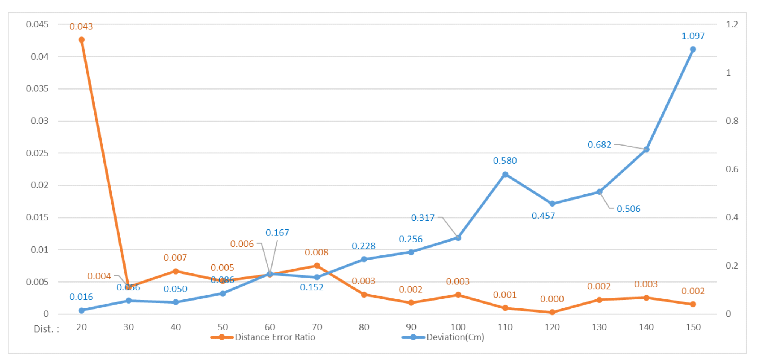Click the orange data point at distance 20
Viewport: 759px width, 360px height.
(82, 40)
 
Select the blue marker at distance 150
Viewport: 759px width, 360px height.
(693, 49)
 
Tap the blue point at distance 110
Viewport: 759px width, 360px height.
(505, 175)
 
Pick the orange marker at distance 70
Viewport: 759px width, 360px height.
(317, 266)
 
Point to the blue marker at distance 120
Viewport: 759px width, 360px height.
(552, 204)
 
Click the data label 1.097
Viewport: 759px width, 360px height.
(693, 36)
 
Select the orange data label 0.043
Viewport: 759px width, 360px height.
(81, 27)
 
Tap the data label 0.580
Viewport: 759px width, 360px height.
(505, 161)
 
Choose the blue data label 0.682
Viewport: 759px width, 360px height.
(599, 145)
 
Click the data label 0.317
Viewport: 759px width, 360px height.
(423, 218)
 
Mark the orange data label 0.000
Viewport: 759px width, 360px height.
(552, 299)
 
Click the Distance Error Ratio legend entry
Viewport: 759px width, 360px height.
(275, 337)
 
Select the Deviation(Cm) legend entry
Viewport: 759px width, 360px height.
(455, 337)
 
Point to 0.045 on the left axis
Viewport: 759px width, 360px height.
(37, 24)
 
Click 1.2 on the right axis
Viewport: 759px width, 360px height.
(732, 24)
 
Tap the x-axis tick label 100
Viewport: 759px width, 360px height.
(458, 327)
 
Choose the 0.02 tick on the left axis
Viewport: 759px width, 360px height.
(39, 185)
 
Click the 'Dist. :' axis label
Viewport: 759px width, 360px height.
(47, 329)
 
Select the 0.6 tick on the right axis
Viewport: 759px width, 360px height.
(732, 169)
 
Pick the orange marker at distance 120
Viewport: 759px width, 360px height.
(552, 312)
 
